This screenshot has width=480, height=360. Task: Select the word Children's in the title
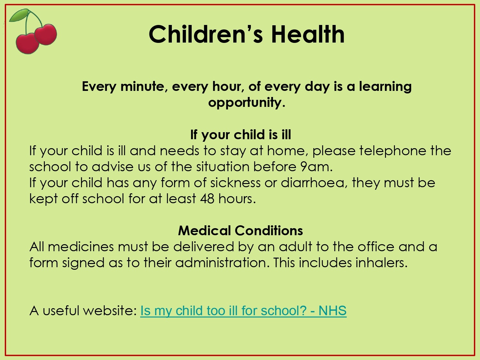pos(205,34)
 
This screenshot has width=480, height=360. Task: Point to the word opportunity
pos(247,102)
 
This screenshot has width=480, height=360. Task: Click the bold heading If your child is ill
pos(241,134)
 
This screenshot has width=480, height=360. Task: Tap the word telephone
pos(393,151)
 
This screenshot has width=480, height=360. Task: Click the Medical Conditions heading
pos(241,230)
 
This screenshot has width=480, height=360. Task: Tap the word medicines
pos(81,246)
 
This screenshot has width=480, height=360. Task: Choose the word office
pos(376,246)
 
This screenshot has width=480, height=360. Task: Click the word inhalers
pos(381,262)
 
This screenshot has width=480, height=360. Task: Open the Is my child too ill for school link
pos(244,310)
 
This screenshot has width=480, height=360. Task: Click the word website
pos(110,310)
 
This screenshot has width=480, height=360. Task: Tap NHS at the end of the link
pos(332,310)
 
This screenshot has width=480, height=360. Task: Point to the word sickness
pos(236,183)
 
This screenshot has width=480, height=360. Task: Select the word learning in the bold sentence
pos(385,87)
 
